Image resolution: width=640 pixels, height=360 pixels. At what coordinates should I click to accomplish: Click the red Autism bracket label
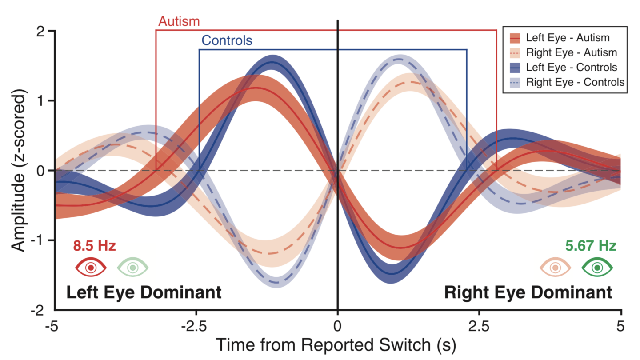pyautogui.click(x=179, y=21)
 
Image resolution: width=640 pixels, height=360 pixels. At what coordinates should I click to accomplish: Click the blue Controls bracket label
pyautogui.click(x=227, y=40)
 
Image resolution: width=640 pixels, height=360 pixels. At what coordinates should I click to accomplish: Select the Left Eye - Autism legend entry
pyautogui.click(x=560, y=38)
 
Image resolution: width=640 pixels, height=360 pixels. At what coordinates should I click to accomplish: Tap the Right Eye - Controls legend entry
pyautogui.click(x=567, y=82)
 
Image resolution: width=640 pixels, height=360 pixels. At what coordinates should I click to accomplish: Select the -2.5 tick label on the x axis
pyautogui.click(x=194, y=326)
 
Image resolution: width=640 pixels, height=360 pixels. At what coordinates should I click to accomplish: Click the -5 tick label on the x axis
pyautogui.click(x=52, y=326)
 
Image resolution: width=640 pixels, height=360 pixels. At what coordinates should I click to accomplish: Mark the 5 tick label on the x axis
pyautogui.click(x=620, y=326)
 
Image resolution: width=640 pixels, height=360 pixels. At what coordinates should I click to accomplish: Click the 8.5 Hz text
pyautogui.click(x=94, y=246)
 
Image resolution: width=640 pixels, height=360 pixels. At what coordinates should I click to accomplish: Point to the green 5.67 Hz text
pyautogui.click(x=591, y=246)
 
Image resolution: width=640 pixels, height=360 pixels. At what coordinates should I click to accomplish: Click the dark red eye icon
pyautogui.click(x=91, y=268)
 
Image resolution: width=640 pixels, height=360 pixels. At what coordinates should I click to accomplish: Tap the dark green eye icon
pyautogui.click(x=597, y=268)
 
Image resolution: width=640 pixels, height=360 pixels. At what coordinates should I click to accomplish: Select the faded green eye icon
pyautogui.click(x=133, y=268)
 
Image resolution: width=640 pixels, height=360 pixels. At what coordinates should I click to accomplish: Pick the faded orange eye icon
pyautogui.click(x=556, y=268)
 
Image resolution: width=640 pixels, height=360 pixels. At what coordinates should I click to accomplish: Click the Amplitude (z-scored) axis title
pyautogui.click(x=18, y=170)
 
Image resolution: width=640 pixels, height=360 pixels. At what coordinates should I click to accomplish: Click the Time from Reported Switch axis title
pyautogui.click(x=336, y=345)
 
